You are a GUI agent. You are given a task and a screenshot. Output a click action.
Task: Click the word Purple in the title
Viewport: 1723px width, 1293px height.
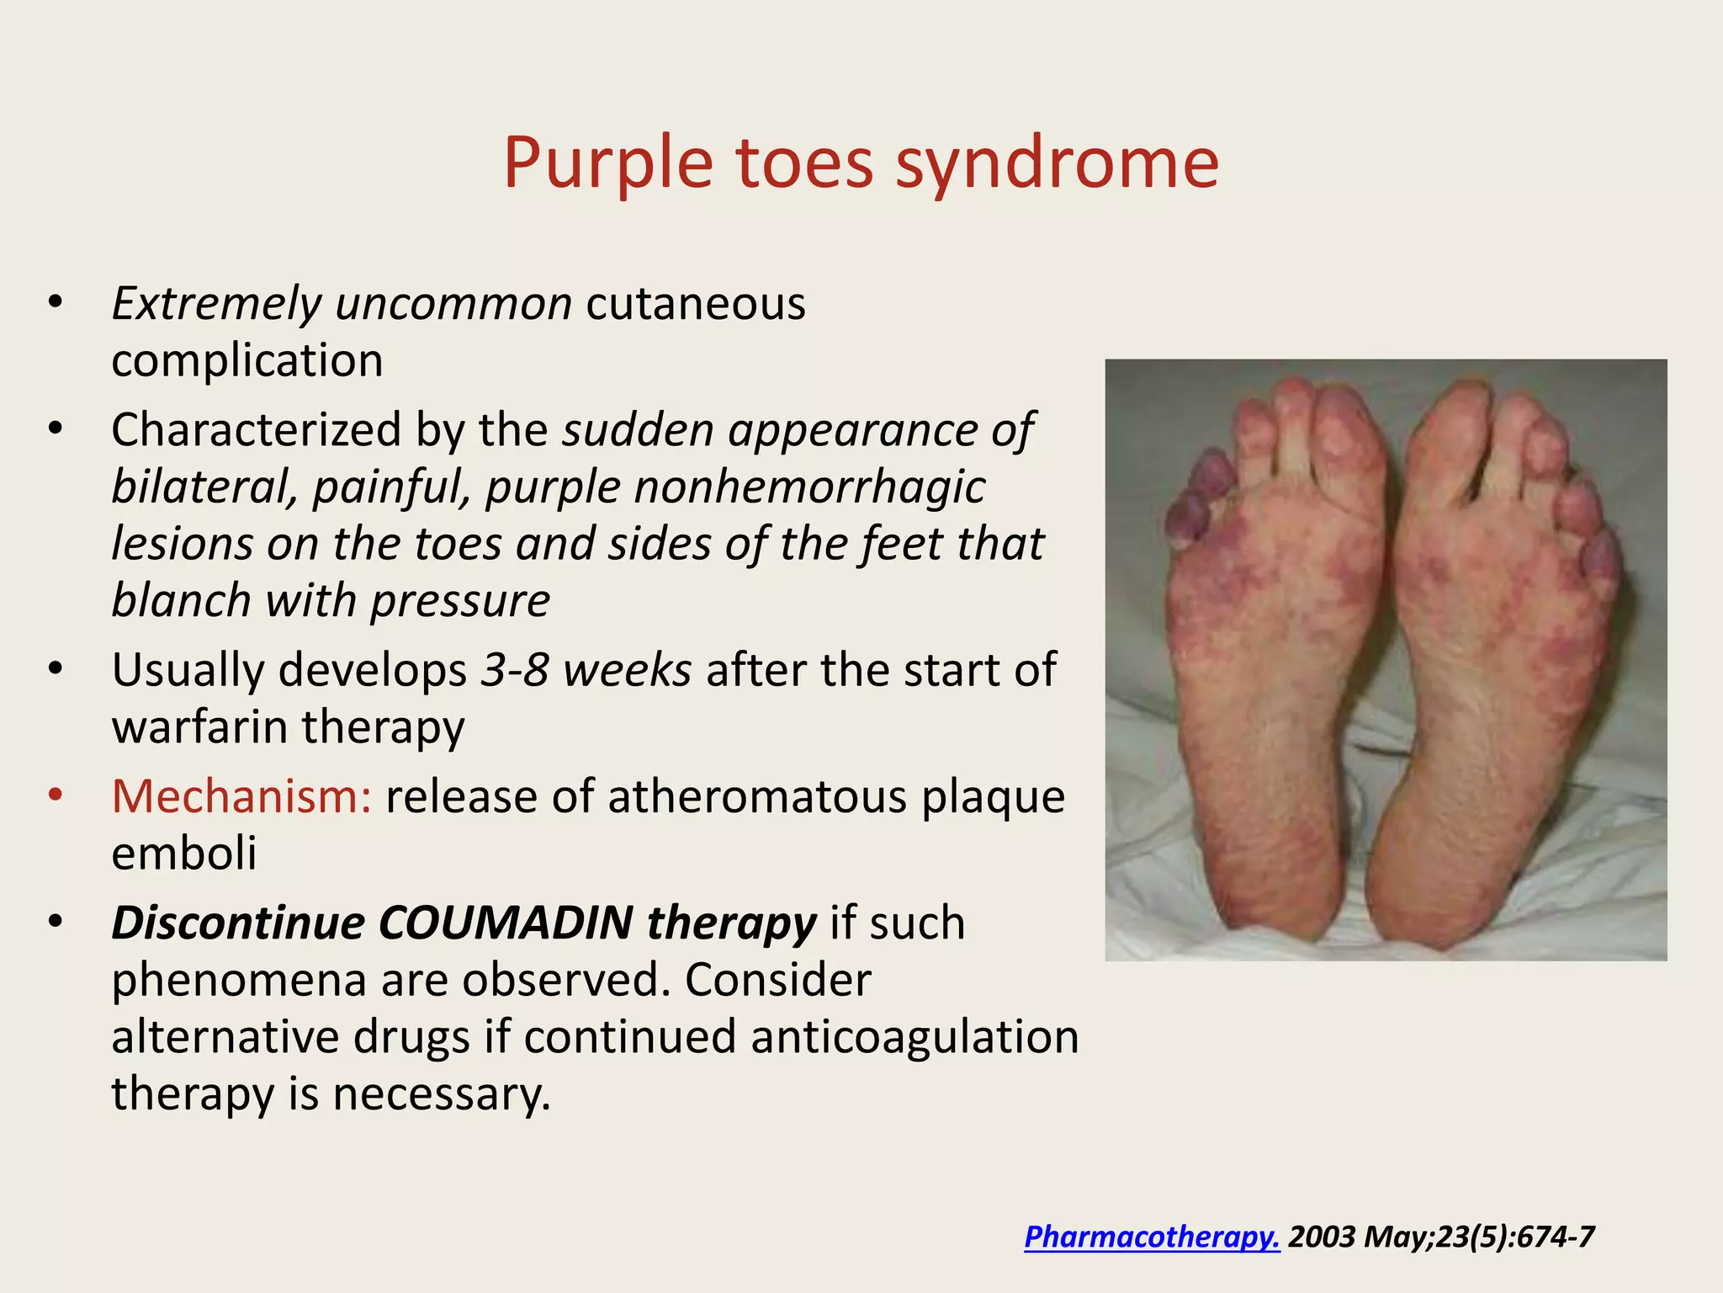click(x=607, y=162)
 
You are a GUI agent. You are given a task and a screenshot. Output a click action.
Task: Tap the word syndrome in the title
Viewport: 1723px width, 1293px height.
click(x=1057, y=162)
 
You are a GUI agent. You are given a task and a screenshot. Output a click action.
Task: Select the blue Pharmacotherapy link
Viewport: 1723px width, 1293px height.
click(x=1152, y=1237)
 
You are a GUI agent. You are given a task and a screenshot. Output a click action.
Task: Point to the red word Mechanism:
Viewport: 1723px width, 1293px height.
click(x=241, y=796)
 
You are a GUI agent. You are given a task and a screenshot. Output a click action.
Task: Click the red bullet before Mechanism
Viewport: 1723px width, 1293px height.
click(x=56, y=795)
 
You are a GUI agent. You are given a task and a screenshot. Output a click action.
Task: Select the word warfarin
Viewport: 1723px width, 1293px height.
click(x=199, y=726)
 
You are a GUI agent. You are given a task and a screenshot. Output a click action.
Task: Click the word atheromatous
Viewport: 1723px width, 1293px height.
click(x=757, y=796)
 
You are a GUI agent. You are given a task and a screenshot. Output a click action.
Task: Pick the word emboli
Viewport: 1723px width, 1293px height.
click(x=183, y=854)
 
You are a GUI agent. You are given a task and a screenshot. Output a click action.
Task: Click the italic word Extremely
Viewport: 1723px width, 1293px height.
click(x=216, y=304)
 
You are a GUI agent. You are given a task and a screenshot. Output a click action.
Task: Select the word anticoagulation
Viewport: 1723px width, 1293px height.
click(x=915, y=1037)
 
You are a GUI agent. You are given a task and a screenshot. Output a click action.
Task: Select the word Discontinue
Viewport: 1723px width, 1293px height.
click(x=237, y=923)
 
